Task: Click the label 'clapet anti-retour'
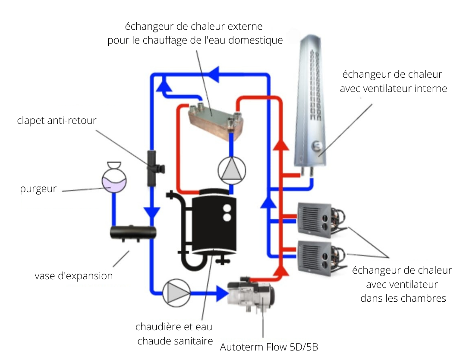click(x=57, y=120)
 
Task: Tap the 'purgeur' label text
click(x=38, y=189)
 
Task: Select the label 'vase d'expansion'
click(x=74, y=275)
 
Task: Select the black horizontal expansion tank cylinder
click(x=132, y=233)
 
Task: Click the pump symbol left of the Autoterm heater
click(x=176, y=294)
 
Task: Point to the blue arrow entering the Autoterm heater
click(x=222, y=294)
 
